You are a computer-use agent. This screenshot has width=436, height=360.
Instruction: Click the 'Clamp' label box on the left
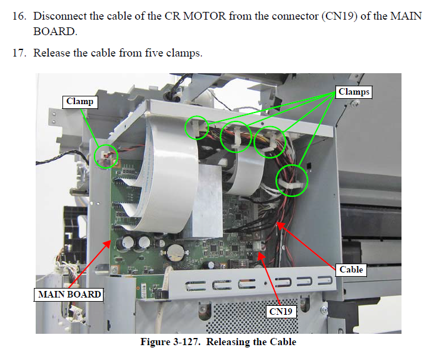pos(80,102)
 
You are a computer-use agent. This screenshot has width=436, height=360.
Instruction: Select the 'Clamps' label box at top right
pos(354,92)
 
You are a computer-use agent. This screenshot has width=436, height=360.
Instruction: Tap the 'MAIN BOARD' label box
pos(68,295)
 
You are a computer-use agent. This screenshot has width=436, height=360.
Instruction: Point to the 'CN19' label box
pos(281,312)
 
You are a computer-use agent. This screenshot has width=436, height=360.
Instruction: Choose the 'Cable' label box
pos(351,270)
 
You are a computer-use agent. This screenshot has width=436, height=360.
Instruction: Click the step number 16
pos(19,16)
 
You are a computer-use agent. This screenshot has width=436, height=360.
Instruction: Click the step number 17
pos(19,52)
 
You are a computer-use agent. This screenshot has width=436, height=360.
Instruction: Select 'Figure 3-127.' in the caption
pos(170,342)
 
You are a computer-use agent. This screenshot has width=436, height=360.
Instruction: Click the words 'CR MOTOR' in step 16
pos(195,16)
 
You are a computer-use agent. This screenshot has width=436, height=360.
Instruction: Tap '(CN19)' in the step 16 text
pos(340,16)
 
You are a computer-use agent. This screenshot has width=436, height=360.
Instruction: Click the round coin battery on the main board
pos(175,253)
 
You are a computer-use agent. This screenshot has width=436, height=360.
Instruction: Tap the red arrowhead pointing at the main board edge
pos(106,245)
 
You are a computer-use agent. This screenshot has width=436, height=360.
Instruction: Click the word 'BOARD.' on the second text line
pos(55,31)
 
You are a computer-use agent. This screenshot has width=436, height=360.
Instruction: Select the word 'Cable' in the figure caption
pos(283,342)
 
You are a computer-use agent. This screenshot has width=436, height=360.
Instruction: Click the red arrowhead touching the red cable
pos(281,226)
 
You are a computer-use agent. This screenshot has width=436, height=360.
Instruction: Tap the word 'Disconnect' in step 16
pos(60,16)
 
